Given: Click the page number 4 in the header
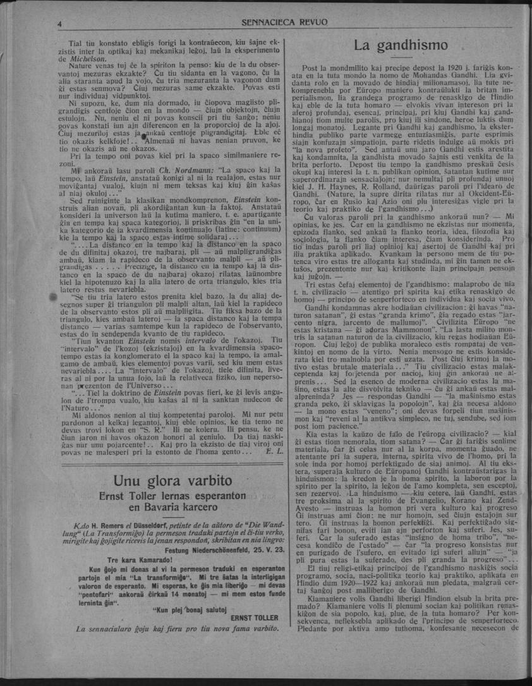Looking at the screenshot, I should coord(59,23).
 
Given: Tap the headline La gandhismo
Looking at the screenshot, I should coord(401,45).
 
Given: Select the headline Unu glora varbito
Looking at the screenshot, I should coord(173,481).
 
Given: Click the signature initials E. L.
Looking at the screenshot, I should coord(273,452).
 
